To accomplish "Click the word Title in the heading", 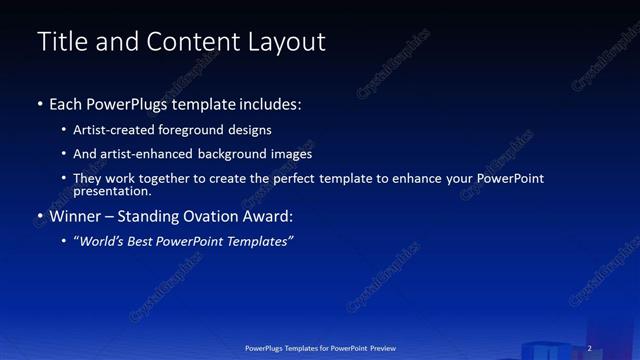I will pos(59,42).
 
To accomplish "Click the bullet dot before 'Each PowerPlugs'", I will pos(40,104).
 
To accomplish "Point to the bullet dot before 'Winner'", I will pos(40,216).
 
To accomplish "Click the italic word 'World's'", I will pos(102,242).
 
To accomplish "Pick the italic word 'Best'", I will pos(146,242).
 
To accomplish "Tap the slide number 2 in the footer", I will pos(589,348).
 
